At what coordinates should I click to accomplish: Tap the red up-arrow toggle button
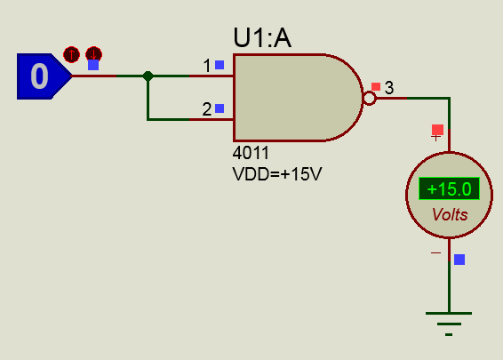71,54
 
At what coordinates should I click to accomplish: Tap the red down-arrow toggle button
94,53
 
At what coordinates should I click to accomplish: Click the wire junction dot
148,76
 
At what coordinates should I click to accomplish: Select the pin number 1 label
207,66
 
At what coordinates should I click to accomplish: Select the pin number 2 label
207,109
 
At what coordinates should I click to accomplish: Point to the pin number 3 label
389,88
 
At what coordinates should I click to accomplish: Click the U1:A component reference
262,38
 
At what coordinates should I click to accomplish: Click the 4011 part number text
251,153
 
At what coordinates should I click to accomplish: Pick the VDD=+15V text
277,174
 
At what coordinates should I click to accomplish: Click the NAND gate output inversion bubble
369,98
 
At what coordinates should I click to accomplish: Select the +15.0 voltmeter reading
449,188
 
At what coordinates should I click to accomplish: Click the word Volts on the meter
450,214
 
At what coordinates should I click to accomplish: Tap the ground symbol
449,324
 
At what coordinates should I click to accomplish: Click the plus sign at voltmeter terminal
435,138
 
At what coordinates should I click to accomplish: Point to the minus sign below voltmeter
436,252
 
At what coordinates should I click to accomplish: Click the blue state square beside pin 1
220,65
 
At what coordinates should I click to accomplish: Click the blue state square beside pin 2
220,108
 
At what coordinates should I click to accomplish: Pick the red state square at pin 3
376,86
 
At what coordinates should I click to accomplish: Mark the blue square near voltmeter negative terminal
459,260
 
